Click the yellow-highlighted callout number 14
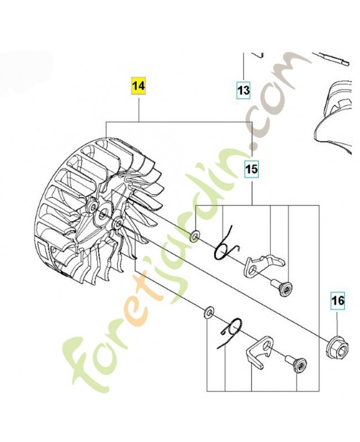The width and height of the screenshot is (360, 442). pyautogui.click(x=139, y=86)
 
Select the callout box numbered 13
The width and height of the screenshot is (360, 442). pyautogui.click(x=243, y=90)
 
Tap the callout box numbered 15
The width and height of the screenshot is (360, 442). pyautogui.click(x=252, y=169)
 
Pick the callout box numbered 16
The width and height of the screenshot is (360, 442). pyautogui.click(x=338, y=301)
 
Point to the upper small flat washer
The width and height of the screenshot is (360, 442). pyautogui.click(x=195, y=235)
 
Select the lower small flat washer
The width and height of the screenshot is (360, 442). pyautogui.click(x=209, y=312)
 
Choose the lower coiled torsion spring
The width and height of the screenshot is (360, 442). pyautogui.click(x=230, y=333)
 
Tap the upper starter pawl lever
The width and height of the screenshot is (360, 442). pyautogui.click(x=262, y=265)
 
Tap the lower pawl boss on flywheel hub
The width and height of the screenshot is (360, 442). pyautogui.click(x=118, y=224)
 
